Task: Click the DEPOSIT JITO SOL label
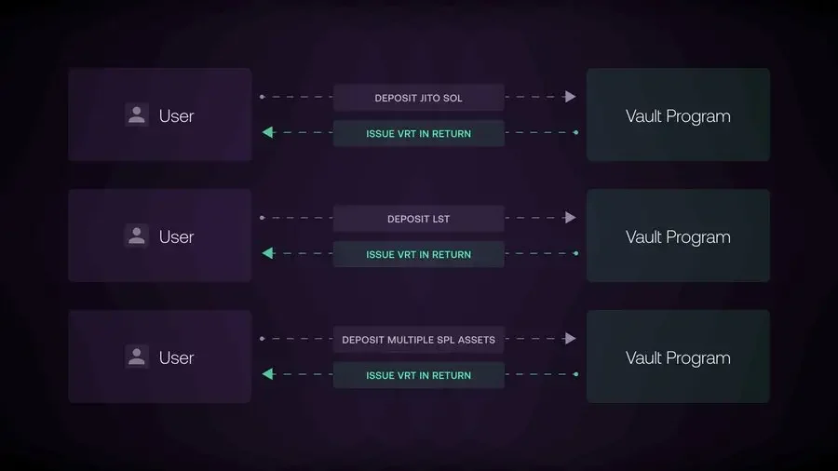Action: coord(418,98)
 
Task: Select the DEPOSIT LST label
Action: coord(418,219)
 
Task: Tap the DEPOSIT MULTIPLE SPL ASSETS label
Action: coord(418,340)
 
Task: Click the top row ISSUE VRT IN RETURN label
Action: coord(418,133)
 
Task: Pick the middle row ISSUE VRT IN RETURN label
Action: coord(418,255)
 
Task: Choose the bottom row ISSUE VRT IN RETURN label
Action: coord(418,375)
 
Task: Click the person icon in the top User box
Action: coord(137,114)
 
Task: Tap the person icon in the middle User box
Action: coord(137,235)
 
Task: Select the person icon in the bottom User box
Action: coord(137,357)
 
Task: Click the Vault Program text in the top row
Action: coord(678,116)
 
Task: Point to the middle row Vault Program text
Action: coord(678,237)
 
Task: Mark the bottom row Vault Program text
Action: coord(678,358)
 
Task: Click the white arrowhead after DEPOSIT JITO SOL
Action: coord(570,97)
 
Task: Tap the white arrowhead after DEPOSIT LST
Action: coord(570,217)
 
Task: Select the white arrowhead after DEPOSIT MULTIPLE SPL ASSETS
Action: coord(570,339)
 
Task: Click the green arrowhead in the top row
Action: coord(268,132)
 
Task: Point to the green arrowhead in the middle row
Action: coord(268,253)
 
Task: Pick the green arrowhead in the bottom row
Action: coord(268,374)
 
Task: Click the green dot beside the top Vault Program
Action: coord(575,132)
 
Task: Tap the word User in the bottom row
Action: coord(176,357)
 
